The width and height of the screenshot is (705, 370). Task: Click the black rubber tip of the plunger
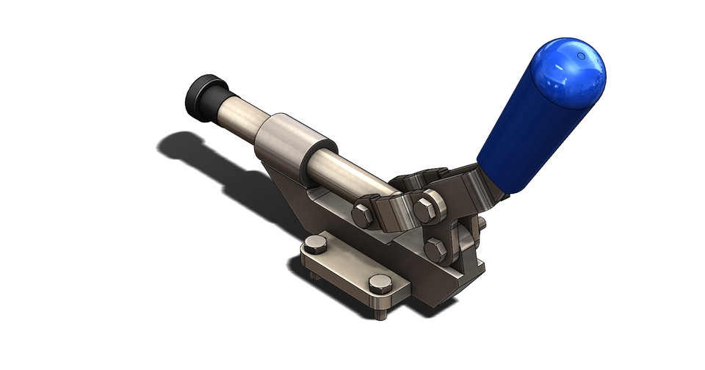coord(200,95)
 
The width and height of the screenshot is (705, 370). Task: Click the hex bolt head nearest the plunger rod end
coord(363,216)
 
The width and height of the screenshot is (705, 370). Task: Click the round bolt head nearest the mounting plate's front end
coord(378,284)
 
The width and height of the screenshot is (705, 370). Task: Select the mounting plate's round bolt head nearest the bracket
coord(317,244)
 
